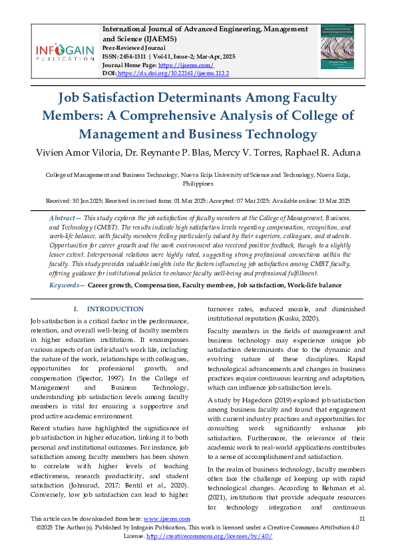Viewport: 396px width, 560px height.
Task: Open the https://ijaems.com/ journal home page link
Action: click(187, 65)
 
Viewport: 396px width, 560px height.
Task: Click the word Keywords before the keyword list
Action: click(67, 285)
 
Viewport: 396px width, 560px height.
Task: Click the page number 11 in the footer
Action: click(361, 519)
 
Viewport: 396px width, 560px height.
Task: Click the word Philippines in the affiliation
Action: click(198, 183)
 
